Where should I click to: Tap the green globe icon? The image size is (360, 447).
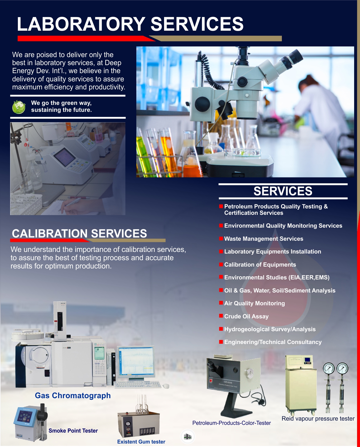[19, 107]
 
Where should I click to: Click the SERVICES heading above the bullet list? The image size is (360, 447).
[283, 191]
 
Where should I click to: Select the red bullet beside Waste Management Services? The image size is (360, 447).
[221, 238]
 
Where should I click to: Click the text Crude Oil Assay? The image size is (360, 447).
[246, 317]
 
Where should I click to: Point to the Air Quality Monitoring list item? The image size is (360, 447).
[254, 303]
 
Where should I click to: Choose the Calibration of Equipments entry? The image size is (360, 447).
[260, 265]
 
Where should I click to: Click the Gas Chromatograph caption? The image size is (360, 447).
[73, 395]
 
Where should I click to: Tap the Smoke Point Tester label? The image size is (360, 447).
[73, 431]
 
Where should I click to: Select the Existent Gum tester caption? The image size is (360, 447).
[141, 442]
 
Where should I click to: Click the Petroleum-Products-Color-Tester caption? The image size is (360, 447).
[231, 423]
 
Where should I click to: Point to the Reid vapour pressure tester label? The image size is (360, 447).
[318, 419]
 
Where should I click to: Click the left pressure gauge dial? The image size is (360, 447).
[329, 369]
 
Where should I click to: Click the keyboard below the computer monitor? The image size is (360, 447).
[137, 385]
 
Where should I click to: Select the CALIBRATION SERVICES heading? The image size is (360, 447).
[79, 234]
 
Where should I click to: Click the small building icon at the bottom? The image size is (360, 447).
[188, 437]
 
